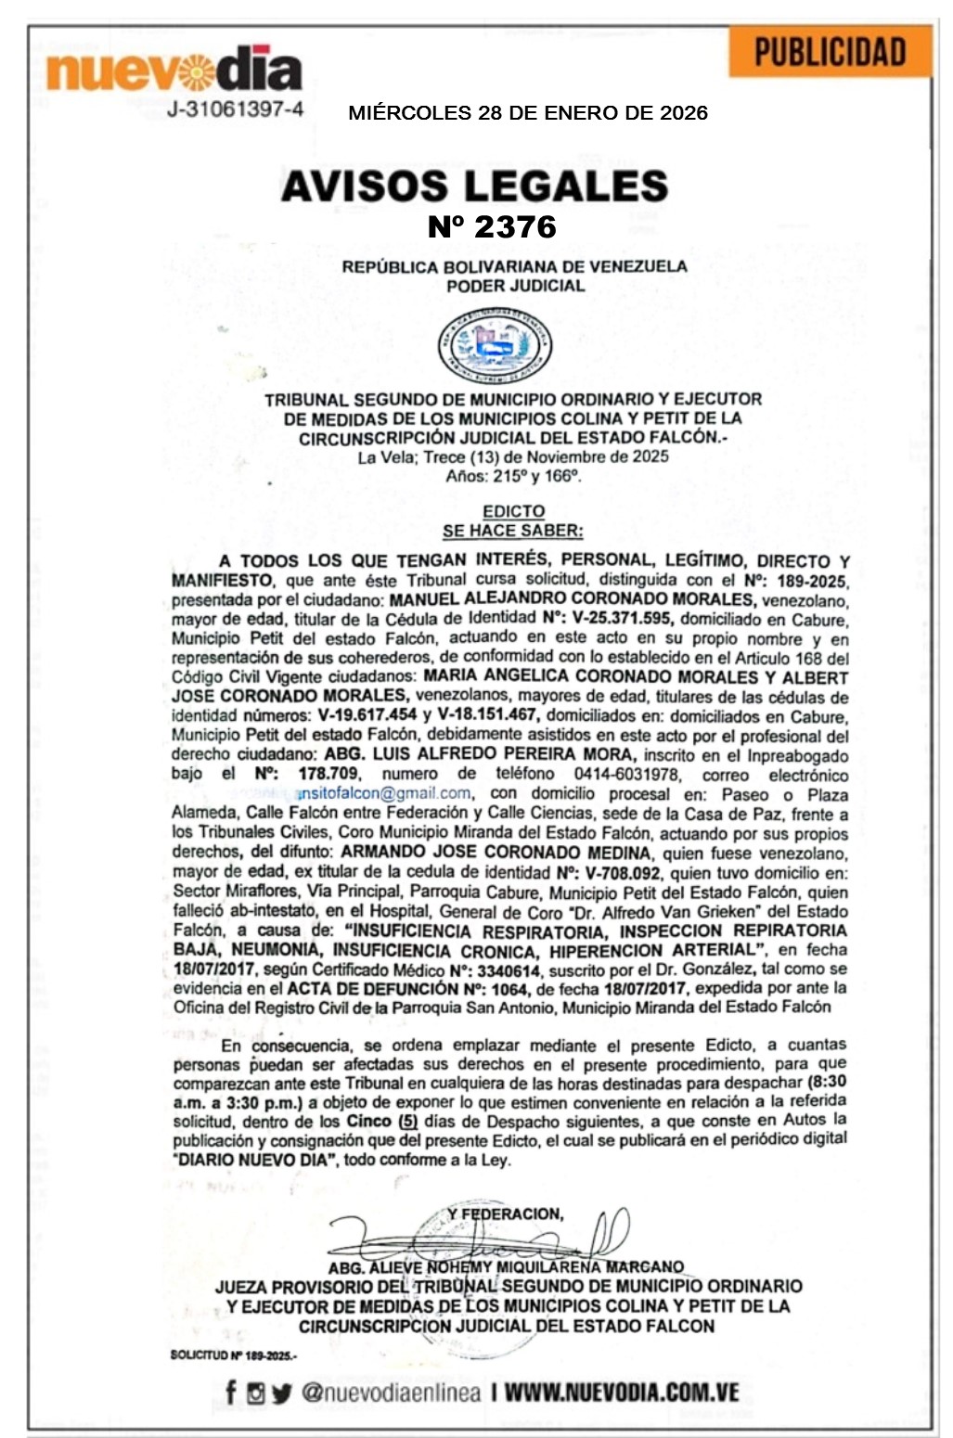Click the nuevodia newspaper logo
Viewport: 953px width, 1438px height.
[174, 71]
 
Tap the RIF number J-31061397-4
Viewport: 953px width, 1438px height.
[235, 109]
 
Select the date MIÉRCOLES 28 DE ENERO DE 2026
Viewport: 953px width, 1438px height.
[527, 113]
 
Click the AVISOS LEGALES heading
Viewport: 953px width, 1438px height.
[474, 186]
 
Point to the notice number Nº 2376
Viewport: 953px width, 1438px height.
[491, 226]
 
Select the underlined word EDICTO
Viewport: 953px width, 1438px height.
[513, 511]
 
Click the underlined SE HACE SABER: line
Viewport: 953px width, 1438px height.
[512, 531]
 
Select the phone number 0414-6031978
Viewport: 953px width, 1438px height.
[625, 774]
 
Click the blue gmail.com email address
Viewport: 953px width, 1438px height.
[383, 793]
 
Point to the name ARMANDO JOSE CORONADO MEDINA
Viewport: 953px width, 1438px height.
[496, 852]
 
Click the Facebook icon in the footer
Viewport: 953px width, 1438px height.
[231, 1392]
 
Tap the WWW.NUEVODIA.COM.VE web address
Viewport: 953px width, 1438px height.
[622, 1392]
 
